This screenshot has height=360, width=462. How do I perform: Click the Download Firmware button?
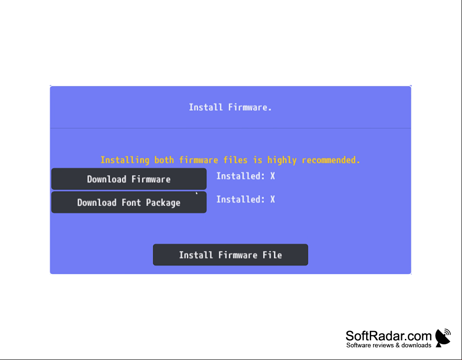tap(129, 179)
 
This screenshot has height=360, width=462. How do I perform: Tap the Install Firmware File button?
tap(230, 255)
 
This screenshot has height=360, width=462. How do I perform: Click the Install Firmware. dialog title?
tap(230, 107)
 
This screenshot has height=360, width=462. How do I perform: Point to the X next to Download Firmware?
tap(272, 176)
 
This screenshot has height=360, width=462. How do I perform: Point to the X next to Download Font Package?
tap(272, 199)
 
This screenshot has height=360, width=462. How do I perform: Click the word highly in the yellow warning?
tap(282, 160)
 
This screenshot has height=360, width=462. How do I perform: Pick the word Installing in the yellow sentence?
tap(125, 160)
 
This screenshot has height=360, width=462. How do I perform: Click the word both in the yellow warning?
tap(164, 160)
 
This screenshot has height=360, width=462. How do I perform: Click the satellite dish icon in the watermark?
tap(443, 338)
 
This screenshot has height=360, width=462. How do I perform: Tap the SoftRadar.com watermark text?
tap(389, 336)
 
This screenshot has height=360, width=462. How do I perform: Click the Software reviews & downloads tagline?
tap(389, 345)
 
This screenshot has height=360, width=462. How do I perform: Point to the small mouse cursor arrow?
tap(197, 193)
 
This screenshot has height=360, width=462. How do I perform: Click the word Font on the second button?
tap(131, 203)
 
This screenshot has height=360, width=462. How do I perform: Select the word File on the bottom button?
tap(272, 255)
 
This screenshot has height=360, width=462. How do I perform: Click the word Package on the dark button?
tap(163, 203)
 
